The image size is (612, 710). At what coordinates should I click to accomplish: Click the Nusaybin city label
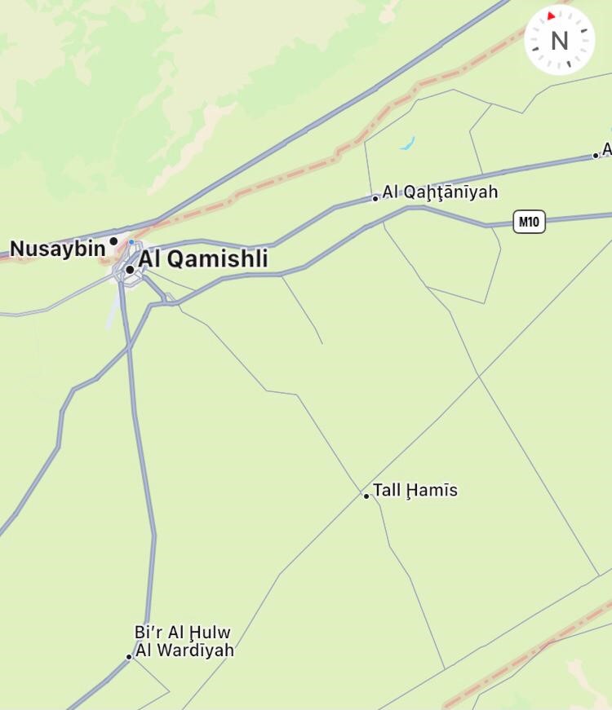pos(57,248)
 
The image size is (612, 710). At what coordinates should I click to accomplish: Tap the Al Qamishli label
pos(203,259)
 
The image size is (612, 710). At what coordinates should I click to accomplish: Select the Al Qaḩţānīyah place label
pos(440,192)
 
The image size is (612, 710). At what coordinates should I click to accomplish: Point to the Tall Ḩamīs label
pos(415,491)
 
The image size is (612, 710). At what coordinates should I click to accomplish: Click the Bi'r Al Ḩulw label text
pos(183,633)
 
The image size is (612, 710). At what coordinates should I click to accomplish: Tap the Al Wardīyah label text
pos(184,650)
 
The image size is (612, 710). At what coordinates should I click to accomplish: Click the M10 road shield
pos(529,221)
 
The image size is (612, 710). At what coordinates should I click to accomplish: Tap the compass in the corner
pos(559,39)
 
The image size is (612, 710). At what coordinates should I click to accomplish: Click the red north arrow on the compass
pos(552,15)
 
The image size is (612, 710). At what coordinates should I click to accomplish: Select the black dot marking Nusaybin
pos(113,241)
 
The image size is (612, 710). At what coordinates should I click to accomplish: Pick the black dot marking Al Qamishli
pos(130,270)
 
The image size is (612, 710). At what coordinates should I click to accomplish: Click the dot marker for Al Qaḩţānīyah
pos(375,198)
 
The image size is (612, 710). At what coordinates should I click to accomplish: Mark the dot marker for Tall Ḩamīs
pos(366,496)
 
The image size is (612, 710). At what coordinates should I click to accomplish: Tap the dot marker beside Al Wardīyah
pos(129,656)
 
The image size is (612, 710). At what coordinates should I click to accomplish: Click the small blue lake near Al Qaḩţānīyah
pos(407,145)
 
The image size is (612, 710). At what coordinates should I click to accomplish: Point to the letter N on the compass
pos(559,40)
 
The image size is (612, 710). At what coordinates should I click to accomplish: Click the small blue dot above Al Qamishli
pos(131,242)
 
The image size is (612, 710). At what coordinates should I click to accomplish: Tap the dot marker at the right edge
pos(596,156)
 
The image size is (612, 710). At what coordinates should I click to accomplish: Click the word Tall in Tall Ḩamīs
pos(387,491)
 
